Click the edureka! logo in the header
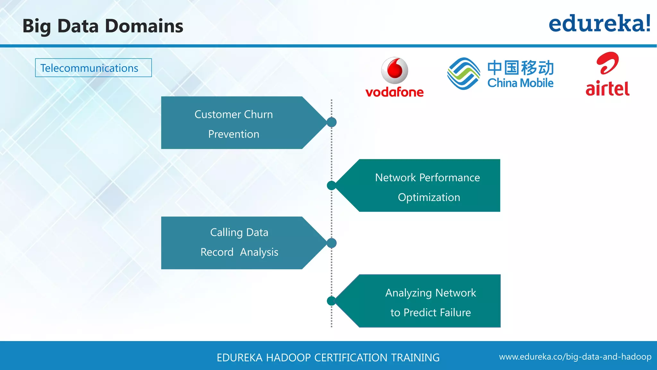click(599, 24)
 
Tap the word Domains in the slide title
click(144, 26)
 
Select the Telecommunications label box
click(93, 68)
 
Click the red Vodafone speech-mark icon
click(395, 70)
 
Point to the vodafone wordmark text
click(394, 92)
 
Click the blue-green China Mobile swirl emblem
click(464, 74)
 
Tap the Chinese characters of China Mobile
click(520, 67)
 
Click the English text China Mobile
click(520, 83)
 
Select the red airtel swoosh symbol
click(607, 63)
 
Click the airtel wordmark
click(607, 89)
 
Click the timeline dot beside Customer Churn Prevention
click(331, 122)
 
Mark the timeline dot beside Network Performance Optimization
click(331, 185)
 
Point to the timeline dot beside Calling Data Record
click(331, 243)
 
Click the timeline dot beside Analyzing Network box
click(331, 301)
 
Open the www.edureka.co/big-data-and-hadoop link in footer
click(575, 357)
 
